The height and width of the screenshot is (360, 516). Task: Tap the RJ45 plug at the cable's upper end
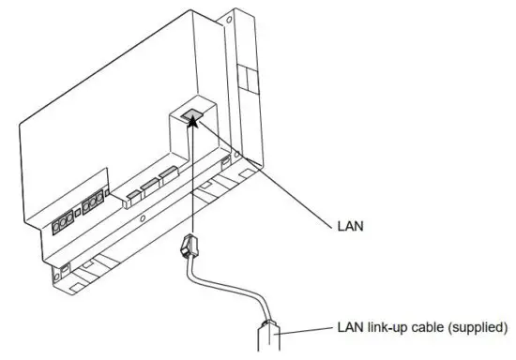coord(187,249)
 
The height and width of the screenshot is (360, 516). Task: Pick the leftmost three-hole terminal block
coord(64,224)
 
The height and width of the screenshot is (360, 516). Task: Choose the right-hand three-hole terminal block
coord(92,205)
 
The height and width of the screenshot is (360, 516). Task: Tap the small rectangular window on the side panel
coord(246,75)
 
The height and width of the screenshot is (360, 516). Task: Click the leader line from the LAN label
coord(272,178)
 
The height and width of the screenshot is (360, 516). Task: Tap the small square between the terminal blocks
coord(79,215)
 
